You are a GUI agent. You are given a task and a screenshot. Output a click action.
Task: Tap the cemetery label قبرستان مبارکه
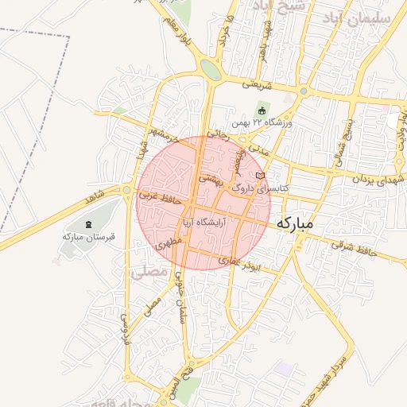click(x=88, y=236)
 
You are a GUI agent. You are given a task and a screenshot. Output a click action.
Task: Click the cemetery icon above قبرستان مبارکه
click(x=87, y=224)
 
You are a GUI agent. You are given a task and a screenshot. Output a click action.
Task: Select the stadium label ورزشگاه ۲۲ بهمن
click(x=263, y=123)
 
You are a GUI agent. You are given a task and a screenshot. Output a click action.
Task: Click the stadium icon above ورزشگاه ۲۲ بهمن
click(x=262, y=110)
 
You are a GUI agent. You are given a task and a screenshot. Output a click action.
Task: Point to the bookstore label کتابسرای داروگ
click(x=261, y=189)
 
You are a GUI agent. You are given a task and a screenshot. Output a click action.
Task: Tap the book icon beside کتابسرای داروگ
click(x=259, y=176)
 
